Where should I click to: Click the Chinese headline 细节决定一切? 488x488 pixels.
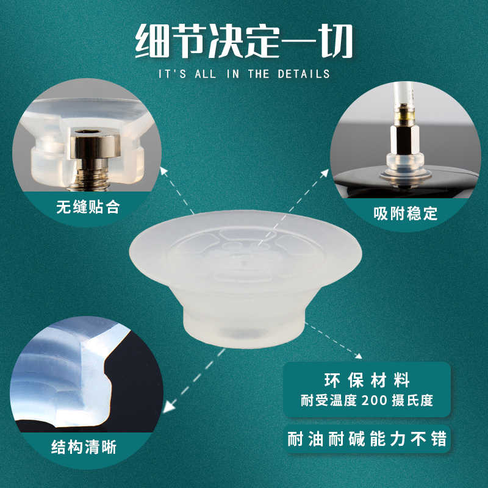coord(243,41)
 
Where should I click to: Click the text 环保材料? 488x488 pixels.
coord(367,381)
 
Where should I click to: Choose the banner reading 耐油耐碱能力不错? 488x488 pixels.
coord(367,439)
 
